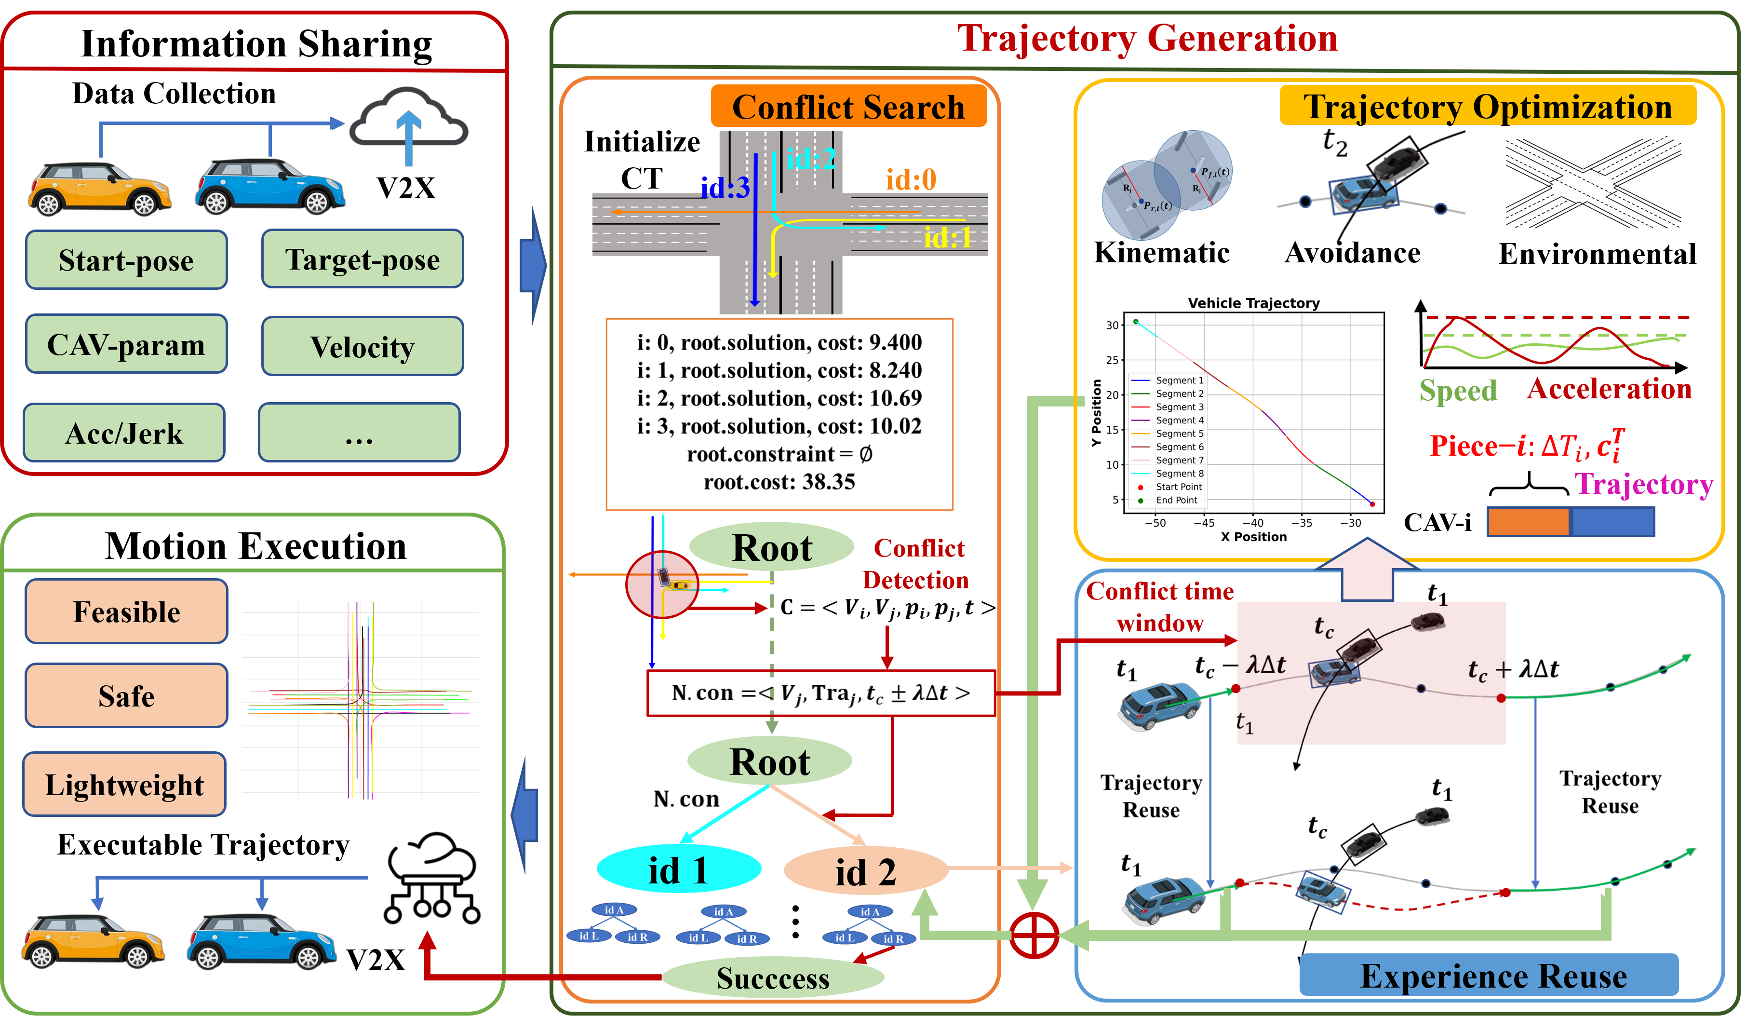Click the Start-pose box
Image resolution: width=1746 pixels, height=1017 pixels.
point(126,260)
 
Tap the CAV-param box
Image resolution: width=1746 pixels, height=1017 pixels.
point(126,344)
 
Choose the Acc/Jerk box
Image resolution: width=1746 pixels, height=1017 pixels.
point(124,433)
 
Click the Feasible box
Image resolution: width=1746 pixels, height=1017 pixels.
point(126,611)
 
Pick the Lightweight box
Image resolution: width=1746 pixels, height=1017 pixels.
point(124,784)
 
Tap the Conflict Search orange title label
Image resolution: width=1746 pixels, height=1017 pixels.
point(848,107)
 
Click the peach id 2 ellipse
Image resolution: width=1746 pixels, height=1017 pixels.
point(865,871)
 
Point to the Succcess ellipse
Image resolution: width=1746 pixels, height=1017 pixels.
point(773,977)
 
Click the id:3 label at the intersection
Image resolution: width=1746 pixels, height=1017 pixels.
point(725,187)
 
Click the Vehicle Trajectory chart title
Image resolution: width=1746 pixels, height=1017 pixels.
point(1253,303)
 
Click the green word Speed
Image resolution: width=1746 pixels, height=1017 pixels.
point(1458,390)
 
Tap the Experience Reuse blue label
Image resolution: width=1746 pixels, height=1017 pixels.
point(1493,976)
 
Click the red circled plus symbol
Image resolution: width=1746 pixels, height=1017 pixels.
point(1033,935)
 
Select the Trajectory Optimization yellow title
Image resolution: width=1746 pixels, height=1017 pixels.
point(1488,107)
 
